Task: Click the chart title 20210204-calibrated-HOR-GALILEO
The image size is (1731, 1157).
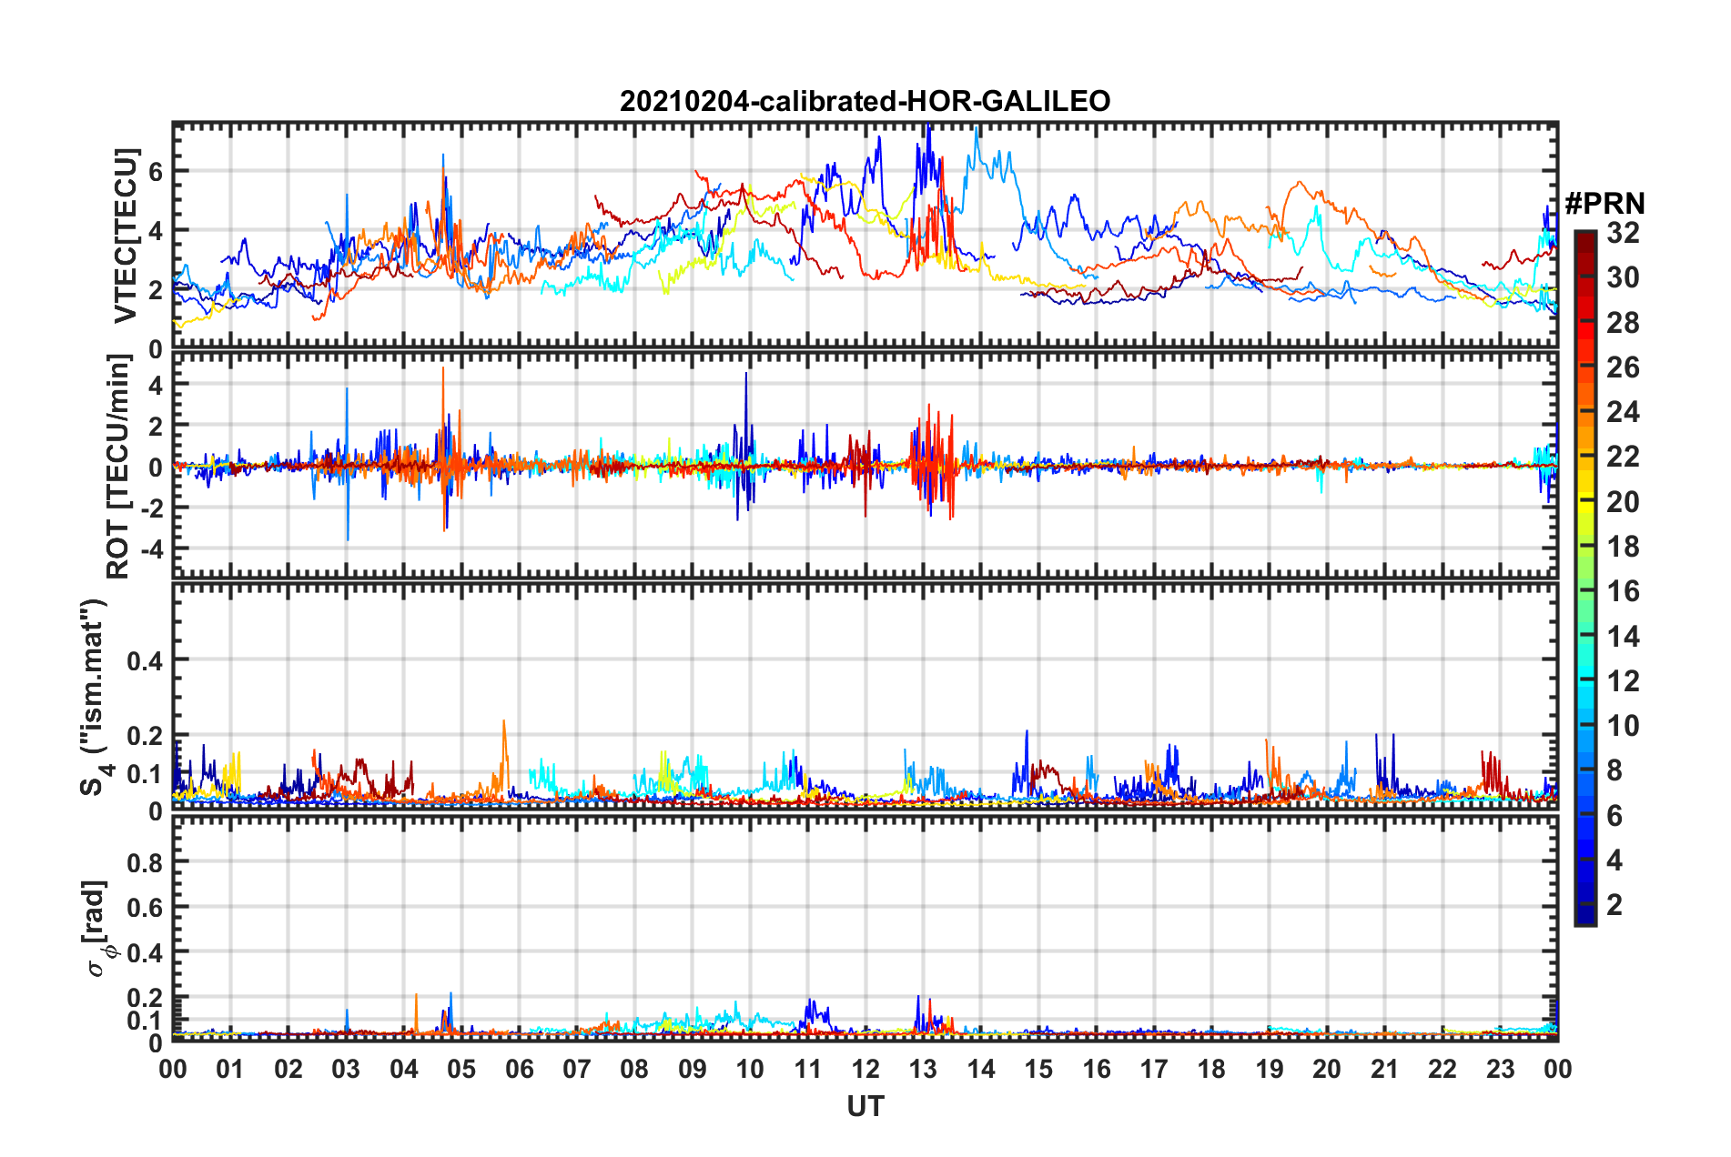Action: tap(865, 101)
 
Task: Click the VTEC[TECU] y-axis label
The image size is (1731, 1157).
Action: tap(125, 236)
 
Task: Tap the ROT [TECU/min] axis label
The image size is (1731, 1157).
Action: tap(118, 467)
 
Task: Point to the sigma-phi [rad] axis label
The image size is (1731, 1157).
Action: tap(96, 928)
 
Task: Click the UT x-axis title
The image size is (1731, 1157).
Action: tap(865, 1106)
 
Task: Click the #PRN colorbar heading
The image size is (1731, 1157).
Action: tap(1604, 204)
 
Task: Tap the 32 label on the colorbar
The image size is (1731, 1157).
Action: tap(1623, 233)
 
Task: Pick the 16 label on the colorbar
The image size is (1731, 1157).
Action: tap(1623, 591)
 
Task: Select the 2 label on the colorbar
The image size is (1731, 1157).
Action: tap(1615, 904)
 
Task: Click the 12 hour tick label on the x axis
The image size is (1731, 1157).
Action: tap(865, 1069)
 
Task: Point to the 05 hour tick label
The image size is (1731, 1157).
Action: tap(461, 1069)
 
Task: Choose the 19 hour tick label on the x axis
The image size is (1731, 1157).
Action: tap(1270, 1069)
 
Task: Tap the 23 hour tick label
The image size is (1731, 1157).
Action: tap(1500, 1069)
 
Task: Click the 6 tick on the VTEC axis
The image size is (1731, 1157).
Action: tap(156, 171)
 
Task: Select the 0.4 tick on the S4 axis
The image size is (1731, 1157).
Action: tap(145, 660)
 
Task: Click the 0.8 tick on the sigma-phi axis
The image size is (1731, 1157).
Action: tap(145, 862)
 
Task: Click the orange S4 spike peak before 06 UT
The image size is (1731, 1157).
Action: tap(503, 721)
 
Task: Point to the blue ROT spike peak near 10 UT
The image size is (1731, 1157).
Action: tap(746, 373)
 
